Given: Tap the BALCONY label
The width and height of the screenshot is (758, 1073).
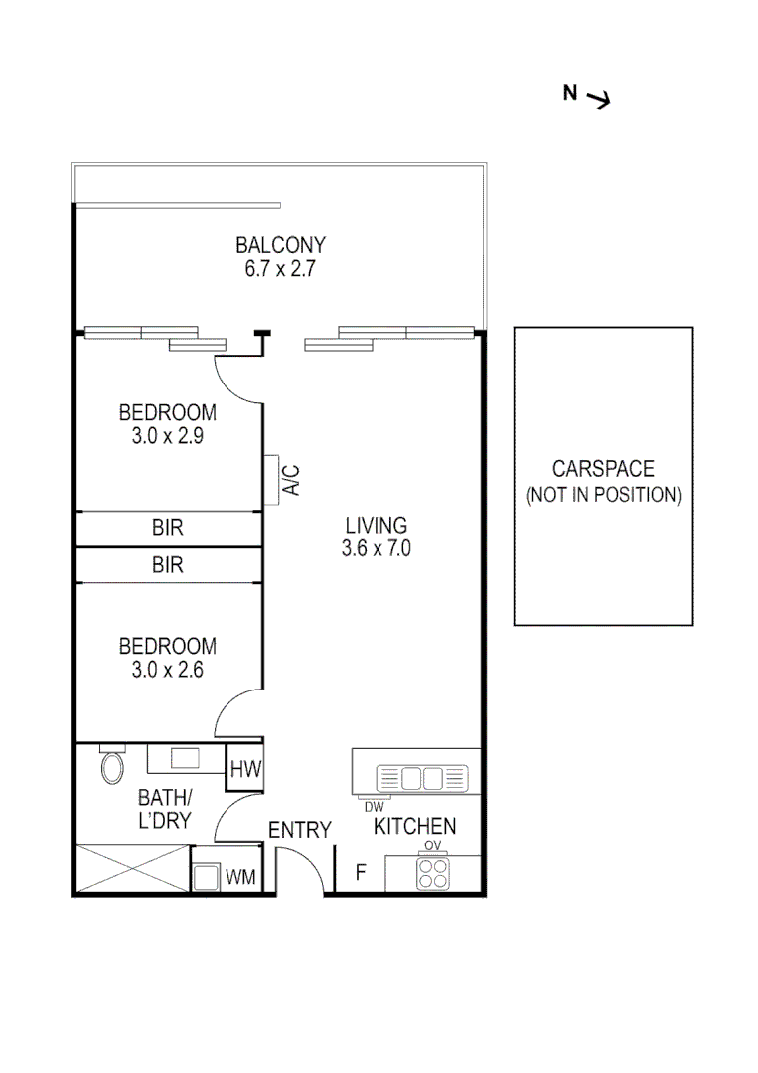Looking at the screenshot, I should click(280, 245).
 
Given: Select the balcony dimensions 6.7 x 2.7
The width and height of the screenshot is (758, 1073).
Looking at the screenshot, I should click(280, 268).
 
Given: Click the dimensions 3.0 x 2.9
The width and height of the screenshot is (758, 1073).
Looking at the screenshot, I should click(167, 435).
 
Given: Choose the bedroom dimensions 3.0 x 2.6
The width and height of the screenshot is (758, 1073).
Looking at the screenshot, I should click(167, 670).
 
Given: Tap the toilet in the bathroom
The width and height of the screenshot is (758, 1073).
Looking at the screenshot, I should click(111, 766).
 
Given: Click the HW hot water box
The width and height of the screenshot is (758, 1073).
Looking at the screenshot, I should click(243, 768).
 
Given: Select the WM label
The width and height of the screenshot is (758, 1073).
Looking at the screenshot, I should click(238, 877).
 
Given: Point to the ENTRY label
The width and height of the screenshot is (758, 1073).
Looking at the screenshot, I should click(299, 830).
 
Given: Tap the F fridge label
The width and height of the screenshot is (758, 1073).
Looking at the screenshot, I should click(362, 874).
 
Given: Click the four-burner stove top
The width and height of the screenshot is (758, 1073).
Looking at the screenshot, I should click(433, 873).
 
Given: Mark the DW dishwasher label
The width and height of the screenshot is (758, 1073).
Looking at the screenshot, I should click(374, 807).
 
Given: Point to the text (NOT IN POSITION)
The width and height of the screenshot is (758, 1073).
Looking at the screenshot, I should click(603, 495).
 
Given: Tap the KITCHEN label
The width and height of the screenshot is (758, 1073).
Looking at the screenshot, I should click(415, 826).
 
